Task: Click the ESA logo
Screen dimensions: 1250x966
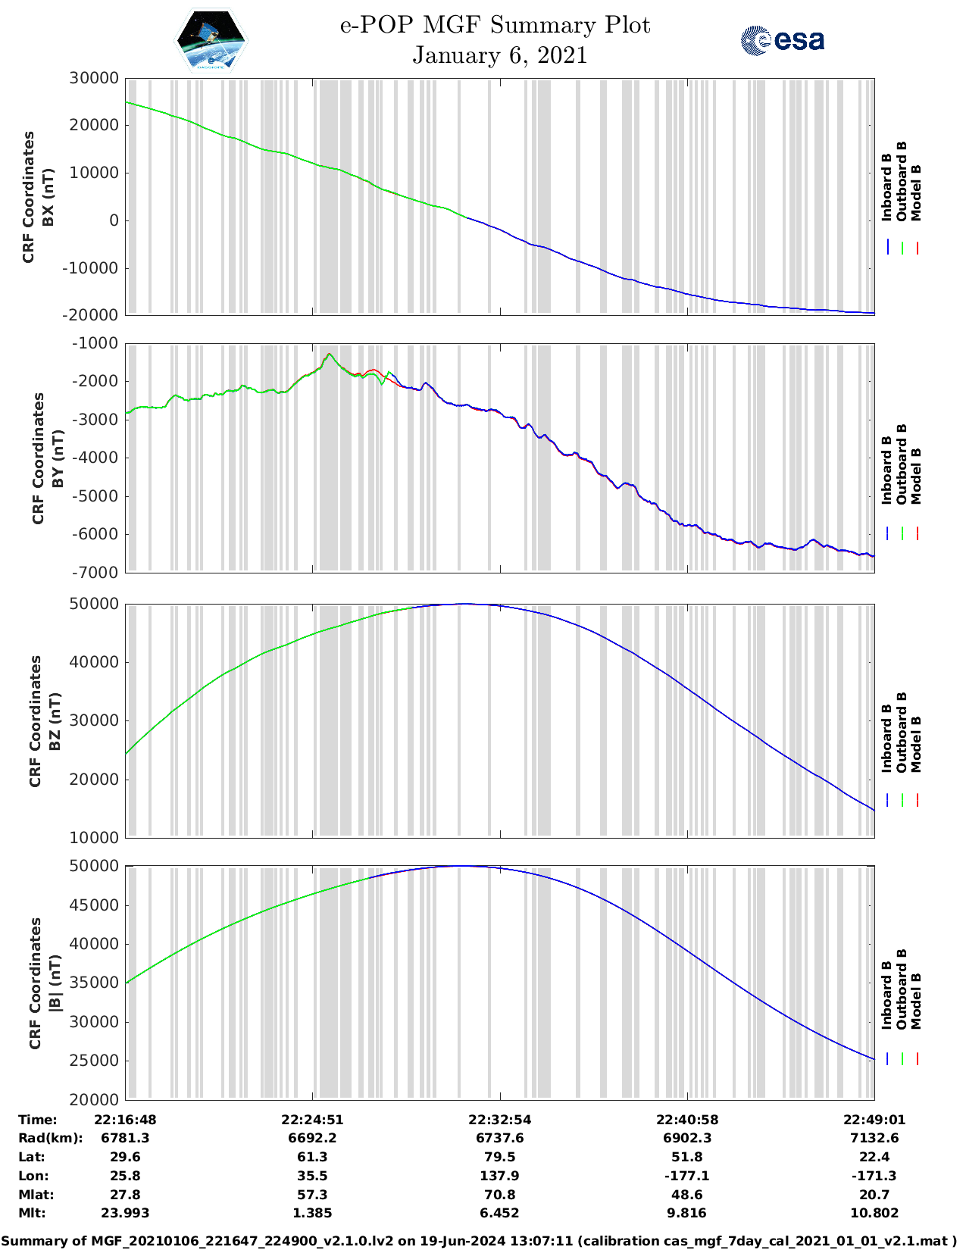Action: [x=782, y=40]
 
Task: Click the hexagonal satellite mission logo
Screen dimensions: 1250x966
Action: [x=211, y=41]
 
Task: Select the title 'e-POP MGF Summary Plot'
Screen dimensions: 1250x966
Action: [x=495, y=25]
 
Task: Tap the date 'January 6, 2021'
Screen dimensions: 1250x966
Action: [x=499, y=55]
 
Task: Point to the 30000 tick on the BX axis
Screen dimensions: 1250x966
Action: [x=94, y=78]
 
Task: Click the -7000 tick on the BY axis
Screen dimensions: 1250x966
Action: [x=95, y=573]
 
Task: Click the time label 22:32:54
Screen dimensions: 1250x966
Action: [x=499, y=1120]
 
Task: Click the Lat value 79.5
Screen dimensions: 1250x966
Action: [x=499, y=1157]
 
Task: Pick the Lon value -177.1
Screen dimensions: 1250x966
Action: [x=686, y=1176]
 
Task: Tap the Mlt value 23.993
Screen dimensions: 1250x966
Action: [x=125, y=1213]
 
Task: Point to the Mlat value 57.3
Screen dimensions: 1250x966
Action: [x=312, y=1195]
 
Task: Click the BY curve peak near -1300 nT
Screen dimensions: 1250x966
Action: [x=329, y=354]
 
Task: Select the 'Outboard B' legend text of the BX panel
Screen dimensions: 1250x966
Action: [x=902, y=181]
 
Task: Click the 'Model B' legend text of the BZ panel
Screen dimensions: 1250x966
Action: [x=916, y=744]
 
